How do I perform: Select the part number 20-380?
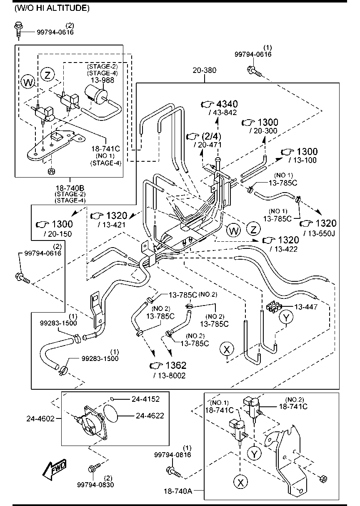coord(204,70)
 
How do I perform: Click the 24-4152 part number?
coord(145,399)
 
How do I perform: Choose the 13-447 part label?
coord(306,307)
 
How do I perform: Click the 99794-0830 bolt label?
coord(95,484)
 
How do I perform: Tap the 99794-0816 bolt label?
coord(172,455)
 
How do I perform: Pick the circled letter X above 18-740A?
coord(240,482)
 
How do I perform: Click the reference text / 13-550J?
coord(320,233)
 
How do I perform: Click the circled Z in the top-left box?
coord(48,75)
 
